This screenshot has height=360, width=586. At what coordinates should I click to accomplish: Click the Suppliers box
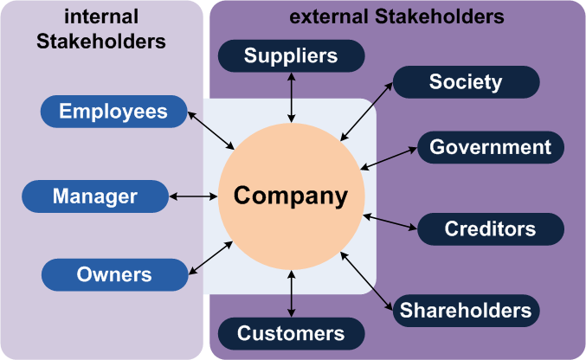[291, 56]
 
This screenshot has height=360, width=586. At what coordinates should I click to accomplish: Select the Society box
[466, 82]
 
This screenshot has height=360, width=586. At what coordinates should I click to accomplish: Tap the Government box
[491, 147]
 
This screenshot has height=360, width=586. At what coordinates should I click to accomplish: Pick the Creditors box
[491, 229]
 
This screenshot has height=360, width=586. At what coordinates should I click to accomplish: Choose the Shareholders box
[467, 310]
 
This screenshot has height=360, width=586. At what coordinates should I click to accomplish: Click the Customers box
[291, 333]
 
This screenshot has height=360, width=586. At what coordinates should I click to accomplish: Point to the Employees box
[114, 111]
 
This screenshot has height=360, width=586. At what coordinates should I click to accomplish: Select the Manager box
[95, 196]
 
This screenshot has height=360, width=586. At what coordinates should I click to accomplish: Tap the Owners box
[114, 275]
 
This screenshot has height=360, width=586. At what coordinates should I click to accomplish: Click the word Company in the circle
[291, 196]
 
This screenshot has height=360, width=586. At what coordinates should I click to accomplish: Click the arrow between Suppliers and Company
[291, 97]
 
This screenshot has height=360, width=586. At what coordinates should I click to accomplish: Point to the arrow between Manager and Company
[193, 196]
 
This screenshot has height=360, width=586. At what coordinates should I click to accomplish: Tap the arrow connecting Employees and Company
[212, 130]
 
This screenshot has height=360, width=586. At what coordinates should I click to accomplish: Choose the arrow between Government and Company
[390, 157]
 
